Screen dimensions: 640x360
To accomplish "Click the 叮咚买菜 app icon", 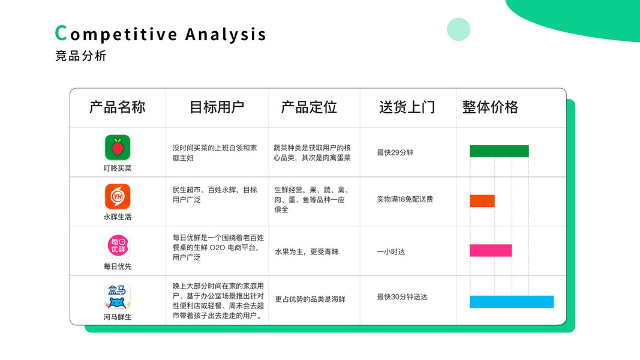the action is tap(118, 148).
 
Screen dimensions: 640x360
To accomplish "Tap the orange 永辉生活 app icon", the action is tap(118, 196).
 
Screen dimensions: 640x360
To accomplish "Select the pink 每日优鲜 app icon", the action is tap(118, 246).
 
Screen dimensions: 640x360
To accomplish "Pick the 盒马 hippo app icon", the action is tap(118, 296).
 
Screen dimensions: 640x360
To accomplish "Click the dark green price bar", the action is tap(499, 151).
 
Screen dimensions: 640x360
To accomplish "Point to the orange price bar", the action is tap(482, 201).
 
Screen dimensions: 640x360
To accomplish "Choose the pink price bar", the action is tap(491, 250).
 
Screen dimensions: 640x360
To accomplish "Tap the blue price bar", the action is tap(512, 302).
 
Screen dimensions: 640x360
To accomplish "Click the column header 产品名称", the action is tap(118, 107).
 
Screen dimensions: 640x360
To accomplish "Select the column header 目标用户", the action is tap(217, 107).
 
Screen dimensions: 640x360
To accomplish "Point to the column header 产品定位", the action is tap(309, 107).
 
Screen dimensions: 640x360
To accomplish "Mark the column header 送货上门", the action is tap(407, 107).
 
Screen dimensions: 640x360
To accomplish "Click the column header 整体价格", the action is tap(490, 107).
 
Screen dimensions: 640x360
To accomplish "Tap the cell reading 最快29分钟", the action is tap(395, 152).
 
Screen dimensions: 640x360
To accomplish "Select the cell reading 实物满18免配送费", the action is tap(405, 199).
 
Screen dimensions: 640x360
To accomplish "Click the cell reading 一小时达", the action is tap(391, 252).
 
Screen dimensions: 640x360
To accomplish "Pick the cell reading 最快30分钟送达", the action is tap(402, 297).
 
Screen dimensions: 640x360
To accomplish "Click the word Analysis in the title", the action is tap(226, 35).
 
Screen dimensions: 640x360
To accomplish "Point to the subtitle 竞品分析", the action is tap(81, 56).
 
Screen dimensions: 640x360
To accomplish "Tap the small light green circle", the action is tap(459, 29).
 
